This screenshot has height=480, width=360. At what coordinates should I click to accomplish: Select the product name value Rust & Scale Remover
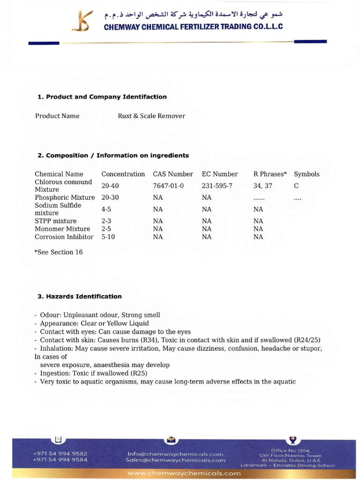coord(151,116)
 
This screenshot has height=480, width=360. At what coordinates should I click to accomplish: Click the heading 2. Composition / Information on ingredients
coord(113,155)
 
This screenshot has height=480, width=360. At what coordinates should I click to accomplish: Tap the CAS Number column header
coord(173,174)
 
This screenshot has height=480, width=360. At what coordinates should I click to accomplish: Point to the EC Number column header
coord(220,174)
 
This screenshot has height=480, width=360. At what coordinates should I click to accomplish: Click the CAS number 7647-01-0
coord(168,186)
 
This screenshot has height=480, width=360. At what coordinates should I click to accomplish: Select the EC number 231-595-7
coord(217,186)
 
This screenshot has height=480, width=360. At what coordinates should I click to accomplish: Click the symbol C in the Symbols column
coord(296,186)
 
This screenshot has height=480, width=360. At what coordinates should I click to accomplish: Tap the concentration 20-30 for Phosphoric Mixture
coord(110,197)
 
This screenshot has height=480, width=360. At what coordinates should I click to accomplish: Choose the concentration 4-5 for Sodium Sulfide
coord(106,209)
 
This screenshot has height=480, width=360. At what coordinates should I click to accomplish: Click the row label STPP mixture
coord(55,221)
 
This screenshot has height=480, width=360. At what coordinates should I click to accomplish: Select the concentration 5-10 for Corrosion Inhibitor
coord(108,237)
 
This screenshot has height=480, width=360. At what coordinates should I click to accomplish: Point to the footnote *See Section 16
coord(58,252)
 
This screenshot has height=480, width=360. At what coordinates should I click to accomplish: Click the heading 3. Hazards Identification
coord(79,296)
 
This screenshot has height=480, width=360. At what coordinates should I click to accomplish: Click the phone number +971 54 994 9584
coord(60,460)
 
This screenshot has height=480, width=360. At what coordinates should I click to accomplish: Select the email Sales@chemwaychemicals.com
coord(175,460)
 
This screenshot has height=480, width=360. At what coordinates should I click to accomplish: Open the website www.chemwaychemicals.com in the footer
coord(184,473)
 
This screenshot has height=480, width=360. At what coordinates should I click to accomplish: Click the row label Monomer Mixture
coord(62,229)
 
